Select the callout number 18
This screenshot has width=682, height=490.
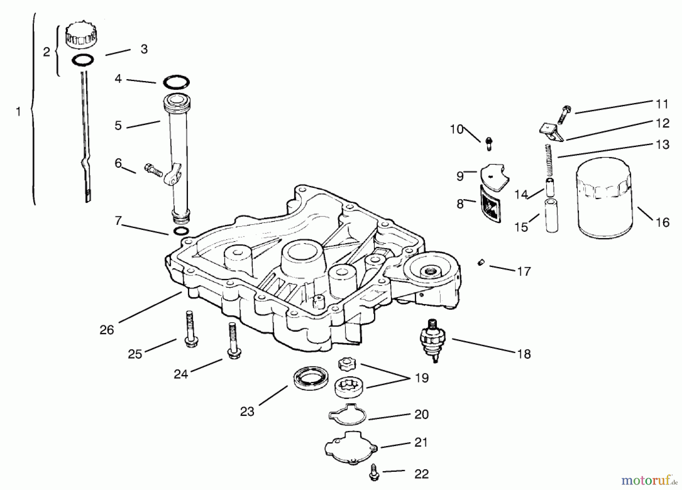tap(524, 354)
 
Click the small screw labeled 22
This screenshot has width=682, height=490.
tap(374, 473)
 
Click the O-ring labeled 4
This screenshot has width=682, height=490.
tap(176, 81)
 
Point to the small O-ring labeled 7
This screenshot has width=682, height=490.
tap(181, 231)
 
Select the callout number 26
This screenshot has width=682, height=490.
tap(106, 329)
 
